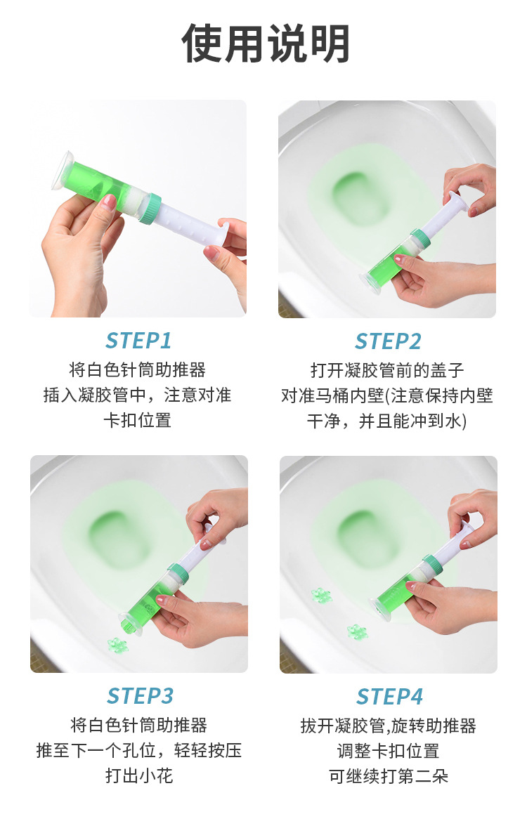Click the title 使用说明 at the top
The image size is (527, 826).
pos(265,44)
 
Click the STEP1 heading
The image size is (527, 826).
pos(138,341)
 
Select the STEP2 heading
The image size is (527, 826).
pos(388,341)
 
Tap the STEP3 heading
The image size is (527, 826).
pos(141,696)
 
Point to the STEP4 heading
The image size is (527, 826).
pos(389,697)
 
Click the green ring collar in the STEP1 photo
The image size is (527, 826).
pos(153,208)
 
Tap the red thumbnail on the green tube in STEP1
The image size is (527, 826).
pos(108,201)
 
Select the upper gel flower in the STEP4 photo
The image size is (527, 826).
pos(321,596)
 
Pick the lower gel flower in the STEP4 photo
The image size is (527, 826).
pos(357,631)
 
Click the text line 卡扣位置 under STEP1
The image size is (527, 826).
pos(138,420)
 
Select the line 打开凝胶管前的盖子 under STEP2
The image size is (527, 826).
pos(387,370)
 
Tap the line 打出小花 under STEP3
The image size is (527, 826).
pos(139,775)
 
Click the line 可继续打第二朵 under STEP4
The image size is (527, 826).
pos(389,776)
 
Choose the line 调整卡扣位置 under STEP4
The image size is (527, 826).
pos(389,751)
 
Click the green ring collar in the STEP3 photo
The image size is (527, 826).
pos(178,575)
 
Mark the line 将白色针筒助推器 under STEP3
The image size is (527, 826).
pos(139,726)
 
